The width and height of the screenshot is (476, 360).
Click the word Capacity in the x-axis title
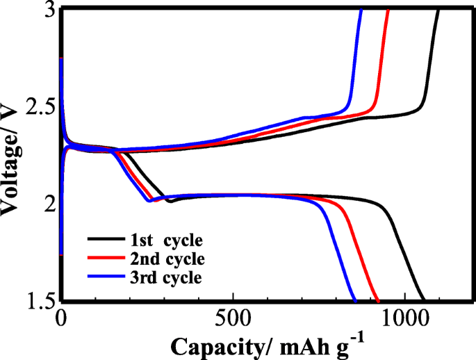coord(209,345)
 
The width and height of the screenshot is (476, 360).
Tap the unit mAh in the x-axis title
coord(290,345)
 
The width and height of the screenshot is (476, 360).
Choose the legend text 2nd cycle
coord(166,259)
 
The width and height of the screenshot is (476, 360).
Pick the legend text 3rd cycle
coord(166,277)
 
